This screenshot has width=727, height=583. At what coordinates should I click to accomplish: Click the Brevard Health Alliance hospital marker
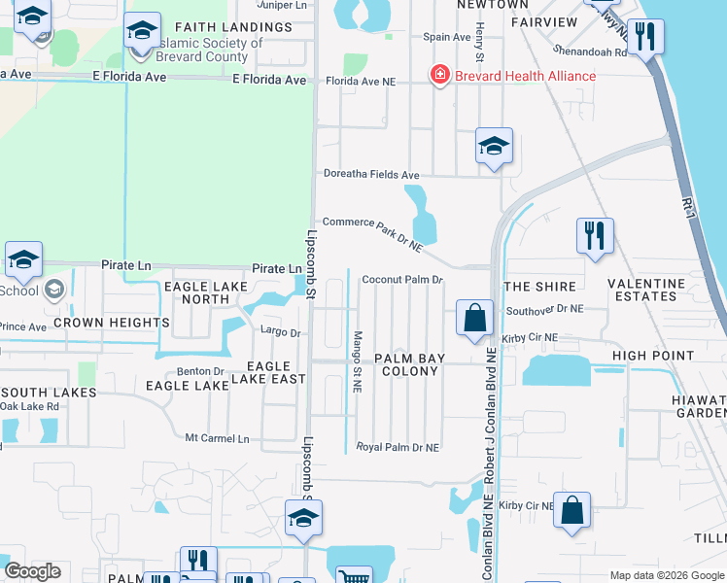click(440, 75)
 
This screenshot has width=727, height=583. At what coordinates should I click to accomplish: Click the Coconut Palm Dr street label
click(402, 280)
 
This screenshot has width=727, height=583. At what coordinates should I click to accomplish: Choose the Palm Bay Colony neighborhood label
click(412, 364)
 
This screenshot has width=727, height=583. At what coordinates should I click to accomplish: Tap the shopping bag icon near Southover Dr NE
click(474, 318)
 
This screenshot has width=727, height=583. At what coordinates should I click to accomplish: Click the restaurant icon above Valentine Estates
click(594, 235)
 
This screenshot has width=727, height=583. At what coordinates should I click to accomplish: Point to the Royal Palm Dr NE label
click(398, 448)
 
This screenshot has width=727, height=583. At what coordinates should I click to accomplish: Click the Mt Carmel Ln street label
click(217, 439)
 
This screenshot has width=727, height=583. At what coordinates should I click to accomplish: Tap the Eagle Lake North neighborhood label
click(202, 292)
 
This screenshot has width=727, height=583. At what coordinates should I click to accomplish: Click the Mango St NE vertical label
click(358, 360)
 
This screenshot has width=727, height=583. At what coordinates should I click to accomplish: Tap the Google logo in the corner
click(32, 571)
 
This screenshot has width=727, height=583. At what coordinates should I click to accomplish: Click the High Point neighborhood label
click(646, 357)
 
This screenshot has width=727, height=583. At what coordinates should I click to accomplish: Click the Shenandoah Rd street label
click(589, 50)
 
